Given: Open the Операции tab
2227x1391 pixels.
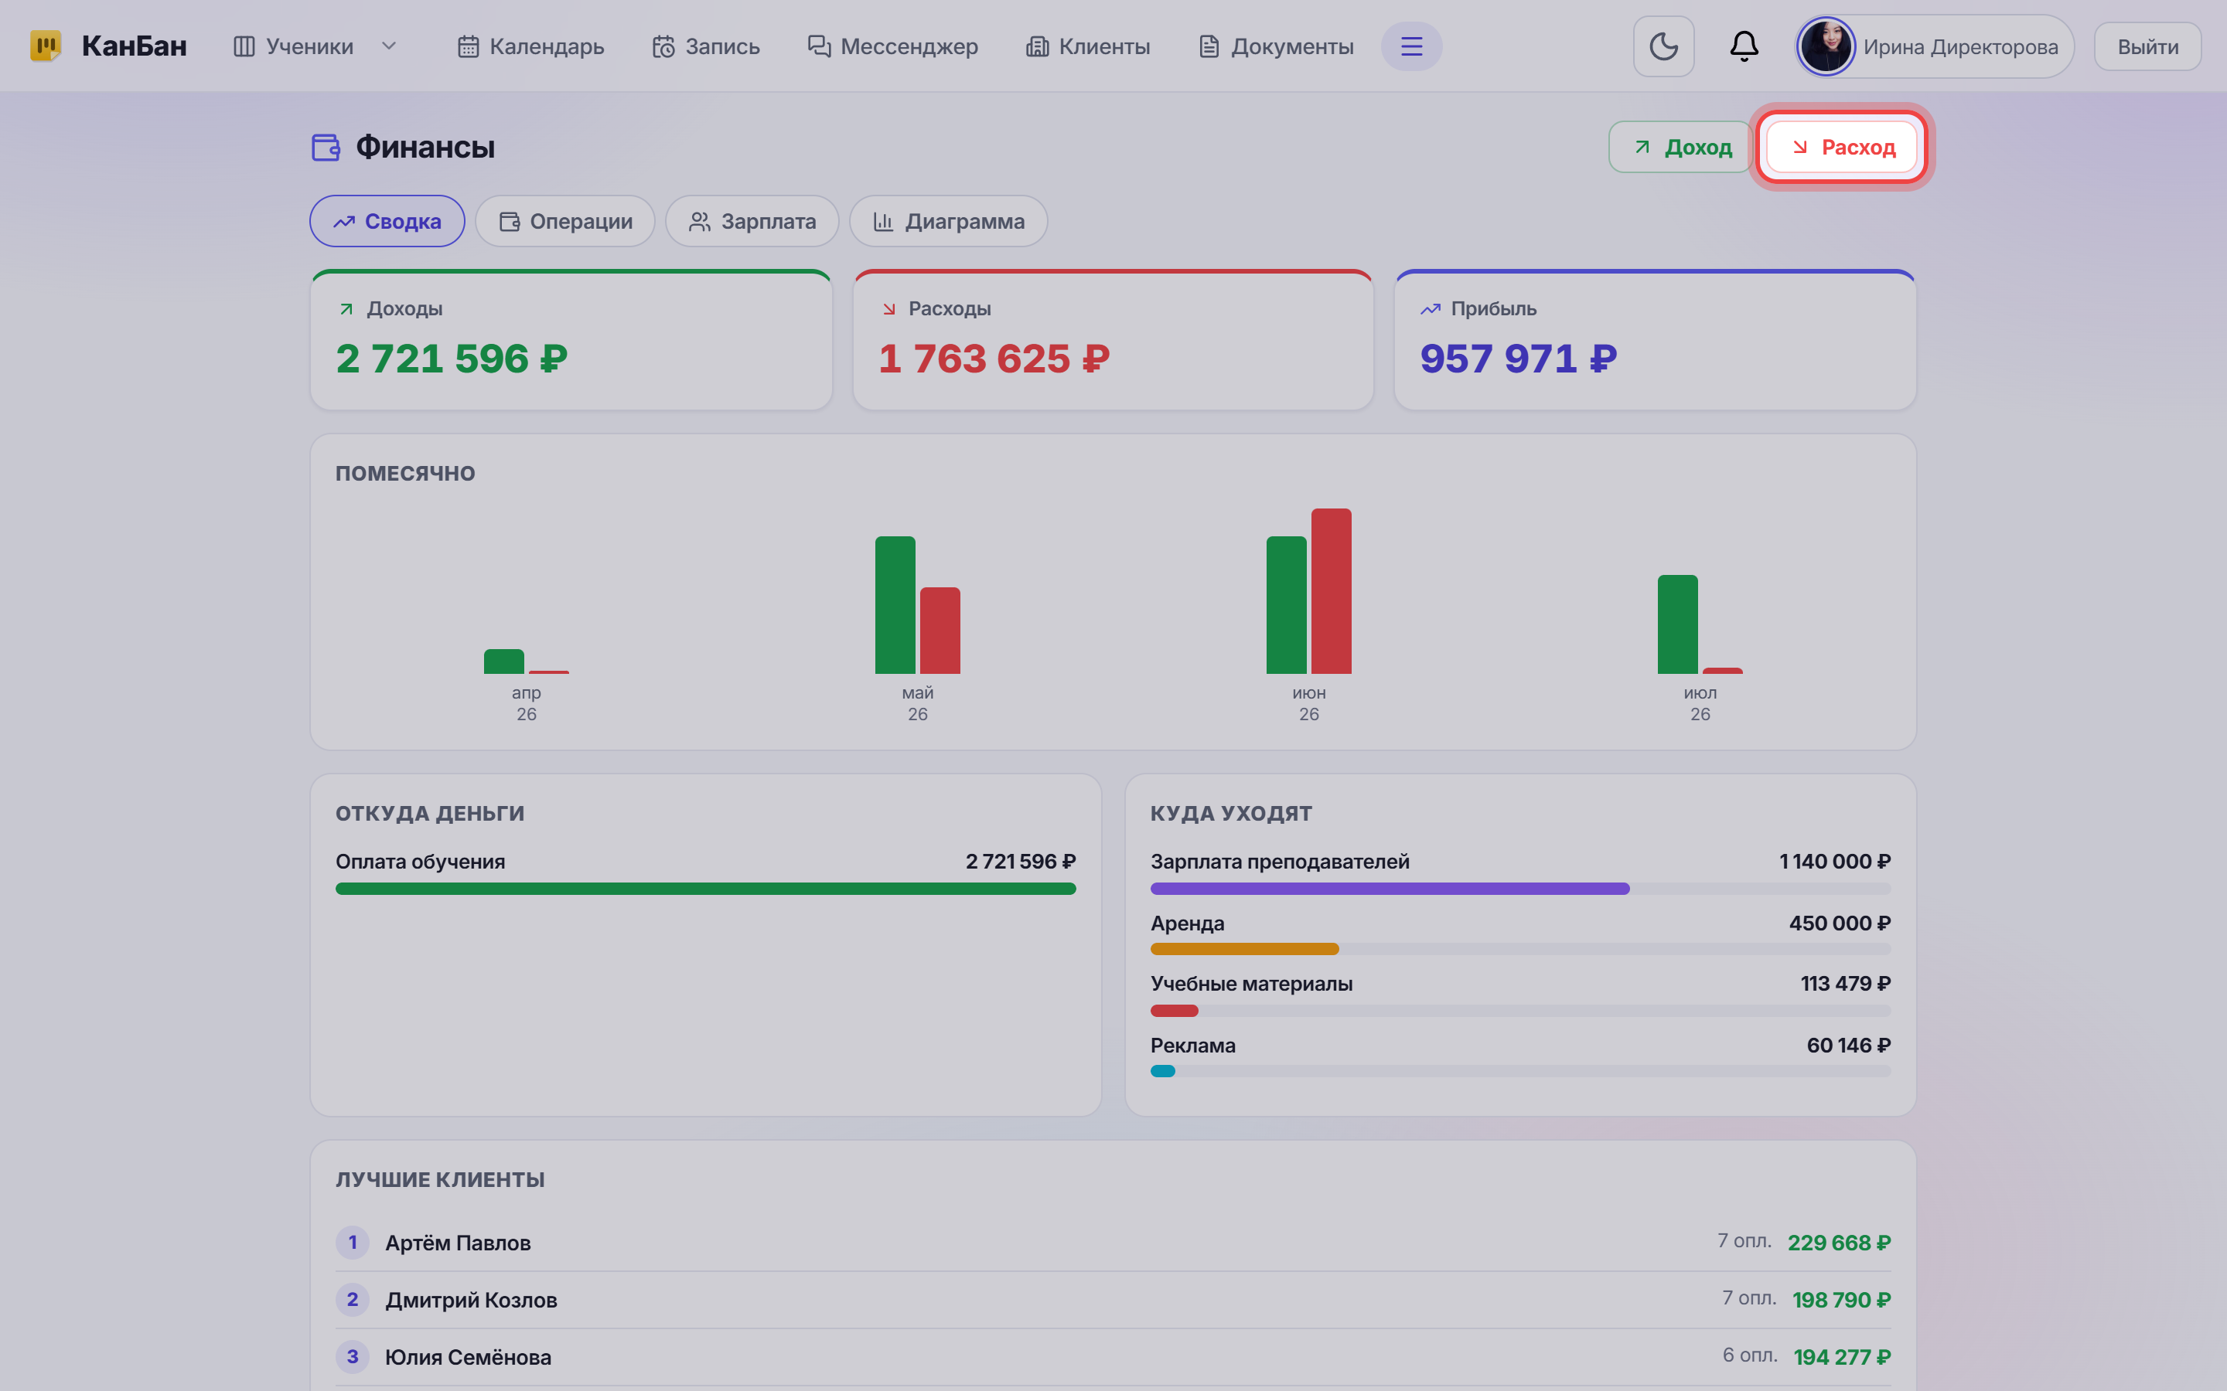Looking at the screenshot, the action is tap(565, 221).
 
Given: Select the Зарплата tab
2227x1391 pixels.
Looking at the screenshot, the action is tap(752, 221).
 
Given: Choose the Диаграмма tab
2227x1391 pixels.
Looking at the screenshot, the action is tap(948, 221).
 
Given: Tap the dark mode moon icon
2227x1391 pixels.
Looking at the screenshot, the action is tap(1663, 46).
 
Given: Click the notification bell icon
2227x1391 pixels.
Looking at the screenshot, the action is tap(1744, 46).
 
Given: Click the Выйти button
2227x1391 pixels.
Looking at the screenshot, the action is tap(2147, 47).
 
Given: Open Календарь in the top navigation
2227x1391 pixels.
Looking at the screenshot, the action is tap(531, 46).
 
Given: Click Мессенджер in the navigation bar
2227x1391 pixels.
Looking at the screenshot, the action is tap(892, 46).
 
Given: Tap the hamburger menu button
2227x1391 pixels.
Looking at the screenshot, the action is tap(1410, 46).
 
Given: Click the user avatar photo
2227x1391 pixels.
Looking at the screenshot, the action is tap(1826, 46).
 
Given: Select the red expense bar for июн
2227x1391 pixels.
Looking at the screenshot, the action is tap(1331, 590).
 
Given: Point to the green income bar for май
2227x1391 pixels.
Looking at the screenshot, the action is tap(895, 604).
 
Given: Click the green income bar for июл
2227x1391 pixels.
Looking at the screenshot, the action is tap(1676, 624).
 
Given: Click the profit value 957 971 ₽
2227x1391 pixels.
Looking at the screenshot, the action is tap(1519, 359).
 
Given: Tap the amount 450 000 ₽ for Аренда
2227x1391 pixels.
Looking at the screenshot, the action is tap(1840, 923).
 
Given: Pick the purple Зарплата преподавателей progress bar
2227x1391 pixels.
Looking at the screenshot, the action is tap(1390, 889).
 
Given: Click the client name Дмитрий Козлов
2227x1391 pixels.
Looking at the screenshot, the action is tap(471, 1300).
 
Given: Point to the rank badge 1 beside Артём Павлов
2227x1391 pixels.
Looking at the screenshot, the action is tap(353, 1242).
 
